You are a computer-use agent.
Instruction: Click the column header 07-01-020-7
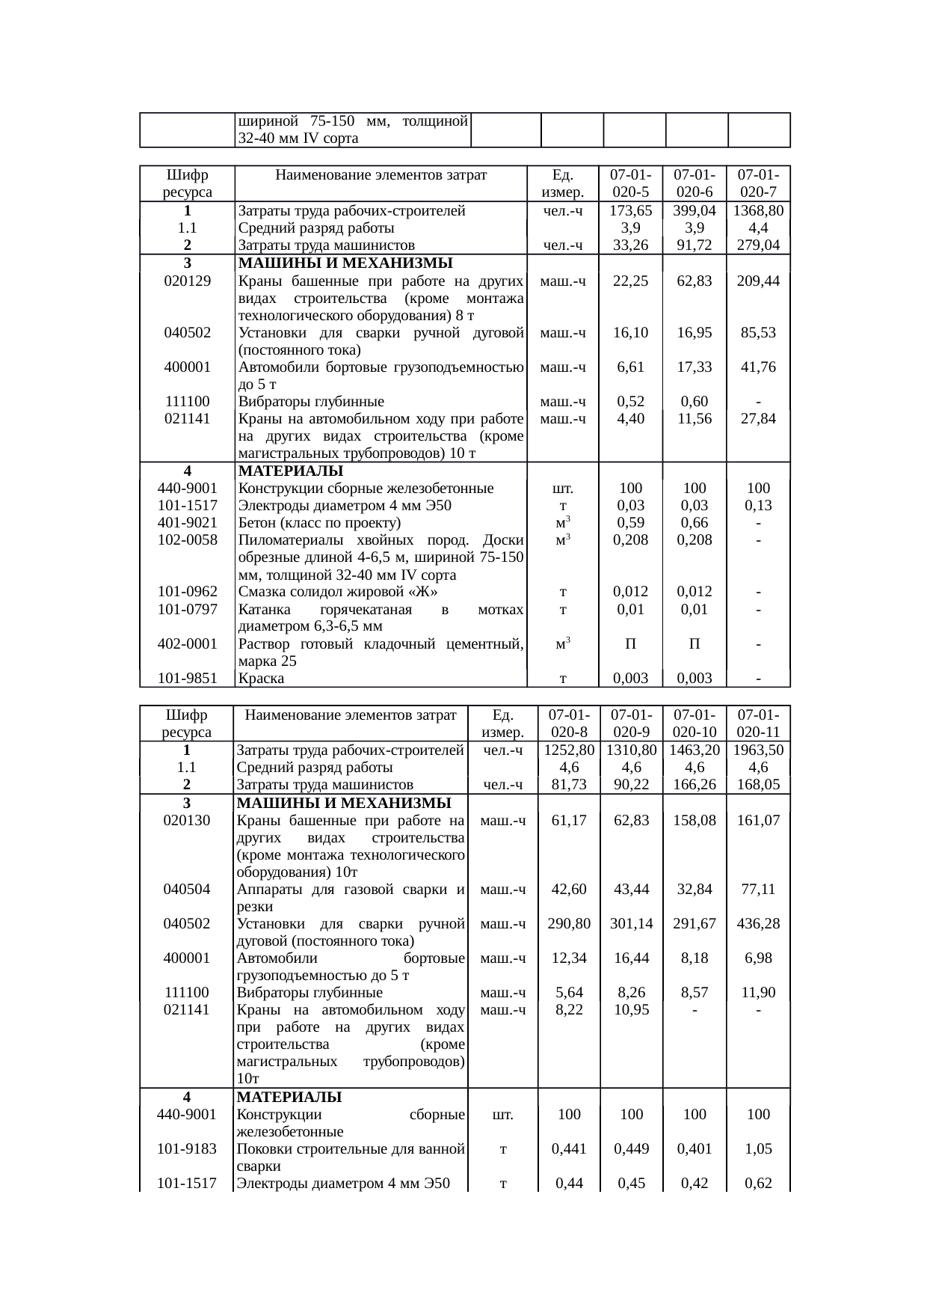pos(759,183)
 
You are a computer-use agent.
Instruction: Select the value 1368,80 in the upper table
pos(759,211)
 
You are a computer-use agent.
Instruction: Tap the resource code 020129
pos(187,281)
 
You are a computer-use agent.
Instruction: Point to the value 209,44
pos(759,281)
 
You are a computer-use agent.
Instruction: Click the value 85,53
pos(759,333)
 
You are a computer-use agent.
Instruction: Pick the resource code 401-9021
pos(187,523)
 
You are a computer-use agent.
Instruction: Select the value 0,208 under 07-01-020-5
pos(630,540)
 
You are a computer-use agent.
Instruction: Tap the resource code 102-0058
pos(187,540)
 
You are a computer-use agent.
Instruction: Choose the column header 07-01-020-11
pos(759,723)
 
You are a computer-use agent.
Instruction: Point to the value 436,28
pos(759,924)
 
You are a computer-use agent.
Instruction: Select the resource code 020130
pos(187,821)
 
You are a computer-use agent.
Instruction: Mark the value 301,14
pos(632,924)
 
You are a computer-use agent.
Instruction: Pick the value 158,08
pos(695,821)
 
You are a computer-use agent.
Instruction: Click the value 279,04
pos(759,245)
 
